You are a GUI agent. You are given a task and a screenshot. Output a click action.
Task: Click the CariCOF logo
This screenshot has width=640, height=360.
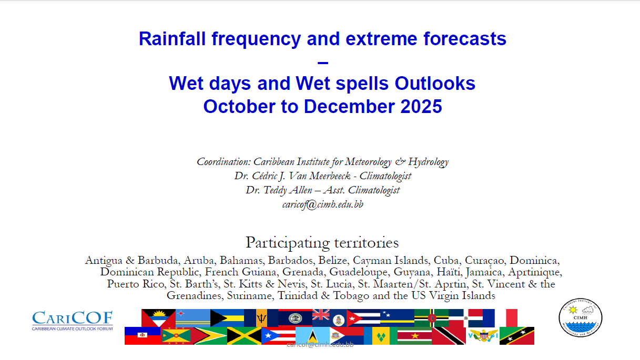click(x=72, y=321)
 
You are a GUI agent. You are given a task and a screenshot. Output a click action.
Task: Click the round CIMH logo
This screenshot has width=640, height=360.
click(x=580, y=318)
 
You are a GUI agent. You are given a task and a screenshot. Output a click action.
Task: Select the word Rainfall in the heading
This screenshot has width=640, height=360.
click(x=172, y=38)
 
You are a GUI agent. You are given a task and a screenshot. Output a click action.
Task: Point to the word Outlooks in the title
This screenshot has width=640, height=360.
click(x=435, y=84)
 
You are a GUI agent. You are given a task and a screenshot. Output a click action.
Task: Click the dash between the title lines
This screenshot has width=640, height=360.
click(x=322, y=63)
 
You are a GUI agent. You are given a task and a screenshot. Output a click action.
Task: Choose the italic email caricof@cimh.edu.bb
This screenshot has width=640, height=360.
click(x=322, y=204)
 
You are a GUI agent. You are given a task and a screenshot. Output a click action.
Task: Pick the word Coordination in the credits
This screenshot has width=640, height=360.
click(x=224, y=162)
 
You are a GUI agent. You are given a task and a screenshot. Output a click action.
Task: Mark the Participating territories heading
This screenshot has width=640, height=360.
click(x=322, y=243)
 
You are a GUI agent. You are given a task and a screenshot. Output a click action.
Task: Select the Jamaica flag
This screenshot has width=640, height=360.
click(x=244, y=336)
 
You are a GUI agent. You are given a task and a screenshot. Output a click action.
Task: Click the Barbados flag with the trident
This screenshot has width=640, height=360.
click(x=261, y=318)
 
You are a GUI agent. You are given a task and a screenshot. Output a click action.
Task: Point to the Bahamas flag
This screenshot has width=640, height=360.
click(x=227, y=318)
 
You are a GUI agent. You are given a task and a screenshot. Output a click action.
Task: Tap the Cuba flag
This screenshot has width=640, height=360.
click(x=363, y=318)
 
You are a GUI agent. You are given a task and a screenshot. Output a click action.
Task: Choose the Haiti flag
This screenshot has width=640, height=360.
click(x=143, y=336)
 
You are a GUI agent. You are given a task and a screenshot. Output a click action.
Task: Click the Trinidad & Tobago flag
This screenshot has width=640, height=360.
click(x=449, y=336)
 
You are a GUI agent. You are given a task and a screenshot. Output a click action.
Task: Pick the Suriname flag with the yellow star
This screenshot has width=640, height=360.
click(x=414, y=336)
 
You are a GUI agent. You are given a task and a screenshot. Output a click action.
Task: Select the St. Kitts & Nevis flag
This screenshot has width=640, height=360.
click(x=517, y=336)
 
